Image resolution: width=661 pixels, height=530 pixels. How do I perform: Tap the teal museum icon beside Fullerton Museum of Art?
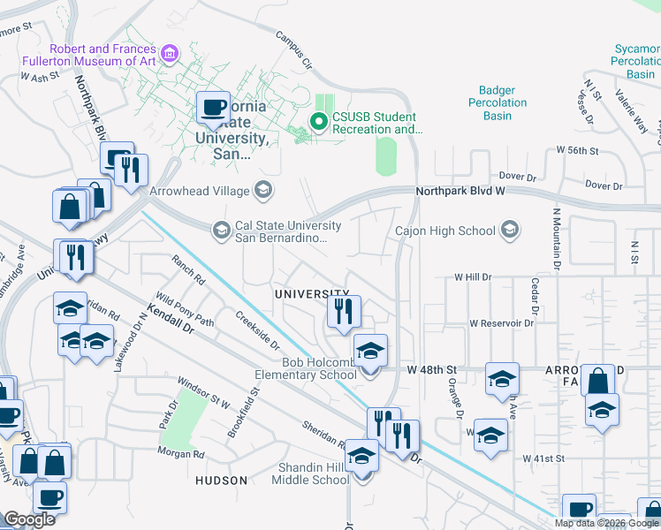[171, 56]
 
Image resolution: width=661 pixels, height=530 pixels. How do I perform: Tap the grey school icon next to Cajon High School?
[509, 231]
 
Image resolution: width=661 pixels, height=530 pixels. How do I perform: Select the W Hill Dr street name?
[472, 276]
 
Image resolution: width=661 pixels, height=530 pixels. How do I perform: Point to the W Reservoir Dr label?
[502, 323]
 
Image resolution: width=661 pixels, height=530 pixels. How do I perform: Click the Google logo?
[29, 519]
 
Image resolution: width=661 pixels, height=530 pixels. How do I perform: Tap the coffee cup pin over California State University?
[212, 108]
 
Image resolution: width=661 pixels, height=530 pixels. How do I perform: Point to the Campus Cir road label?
[293, 50]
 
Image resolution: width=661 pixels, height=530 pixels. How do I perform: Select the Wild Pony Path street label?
[185, 309]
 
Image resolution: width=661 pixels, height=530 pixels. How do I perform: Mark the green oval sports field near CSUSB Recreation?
[386, 155]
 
